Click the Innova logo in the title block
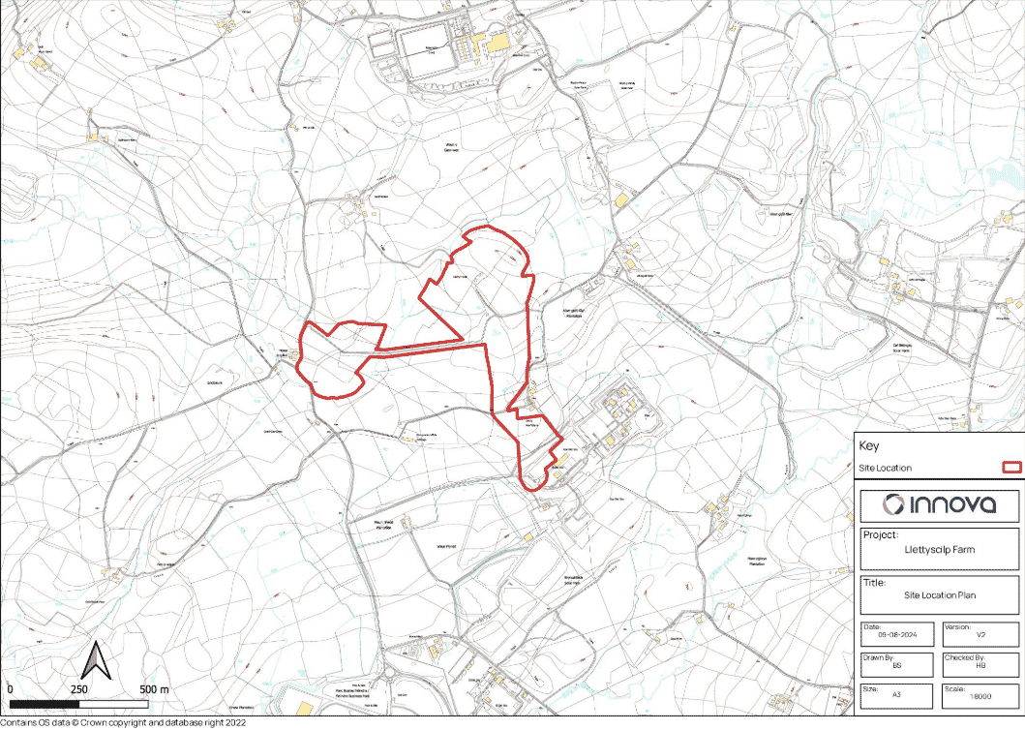point(938,504)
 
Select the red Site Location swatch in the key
point(1010,468)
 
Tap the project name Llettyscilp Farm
point(938,549)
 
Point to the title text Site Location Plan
point(938,598)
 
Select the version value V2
point(980,635)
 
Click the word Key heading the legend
point(868,446)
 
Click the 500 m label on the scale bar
point(154,688)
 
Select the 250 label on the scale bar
point(79,688)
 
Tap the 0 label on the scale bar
point(9,688)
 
